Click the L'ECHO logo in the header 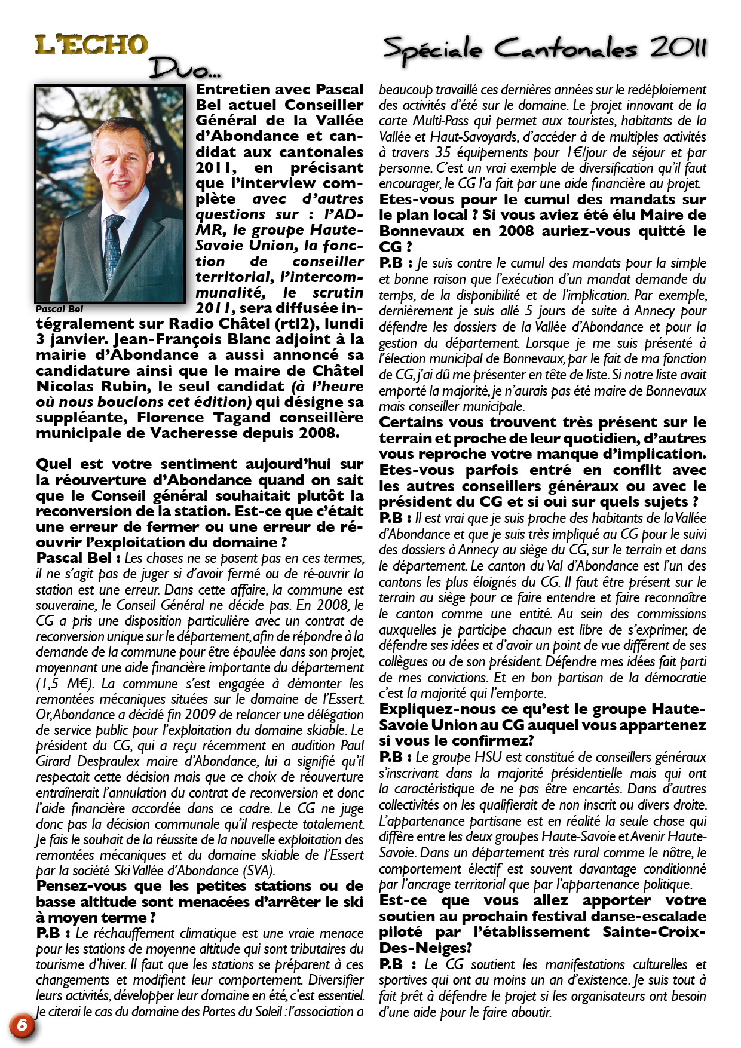pyautogui.click(x=91, y=45)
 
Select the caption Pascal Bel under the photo pyautogui.click(x=59, y=310)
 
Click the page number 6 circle pyautogui.click(x=22, y=1025)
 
